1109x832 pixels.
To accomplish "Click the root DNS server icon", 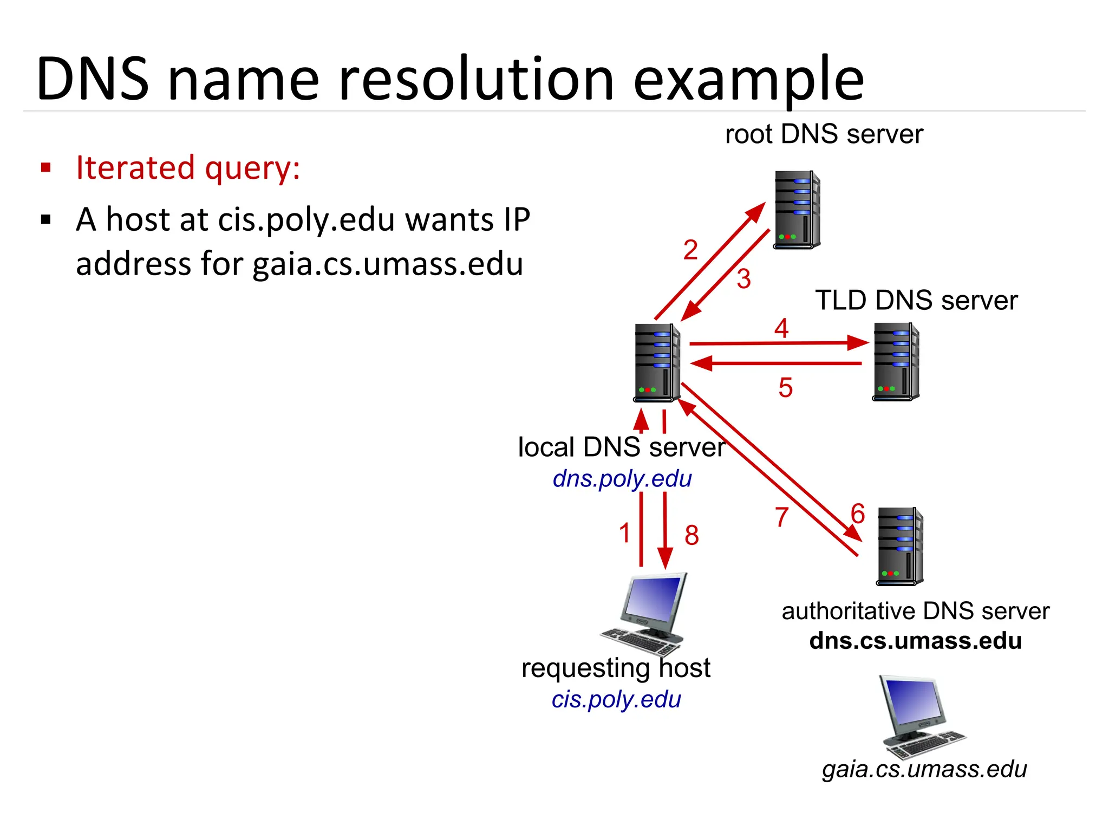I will (x=796, y=210).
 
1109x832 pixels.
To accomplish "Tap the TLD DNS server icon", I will (x=896, y=362).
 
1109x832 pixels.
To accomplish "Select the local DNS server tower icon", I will (x=656, y=363).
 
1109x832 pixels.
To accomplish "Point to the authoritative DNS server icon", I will (x=900, y=546).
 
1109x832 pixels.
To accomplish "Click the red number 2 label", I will (x=690, y=250).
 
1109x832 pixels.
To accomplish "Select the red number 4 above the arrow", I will (x=781, y=328).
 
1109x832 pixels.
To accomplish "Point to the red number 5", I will (x=785, y=388).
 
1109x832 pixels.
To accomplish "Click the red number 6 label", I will (x=858, y=513).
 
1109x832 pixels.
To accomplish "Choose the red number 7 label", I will (x=781, y=517).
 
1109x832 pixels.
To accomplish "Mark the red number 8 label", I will (x=692, y=536).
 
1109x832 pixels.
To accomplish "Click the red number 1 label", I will (x=625, y=533).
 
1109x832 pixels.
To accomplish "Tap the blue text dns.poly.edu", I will (x=622, y=479).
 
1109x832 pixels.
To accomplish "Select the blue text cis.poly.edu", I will (x=616, y=699).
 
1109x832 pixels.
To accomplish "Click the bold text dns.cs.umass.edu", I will (x=915, y=641).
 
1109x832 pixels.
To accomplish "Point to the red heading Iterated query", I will (x=188, y=168).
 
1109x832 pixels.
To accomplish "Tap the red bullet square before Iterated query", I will (x=46, y=167).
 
